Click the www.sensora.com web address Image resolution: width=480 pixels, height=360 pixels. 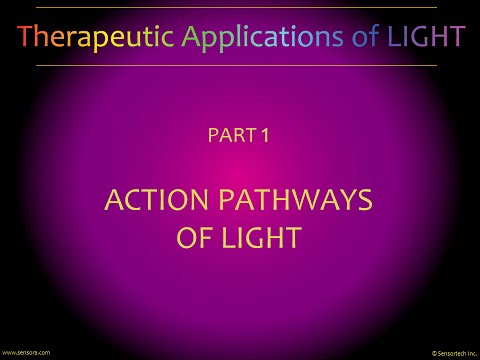(x=26, y=352)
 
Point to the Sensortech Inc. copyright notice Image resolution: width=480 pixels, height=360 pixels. (x=453, y=353)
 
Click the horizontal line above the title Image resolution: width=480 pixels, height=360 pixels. (x=240, y=8)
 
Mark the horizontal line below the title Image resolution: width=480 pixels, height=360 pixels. (x=240, y=65)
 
